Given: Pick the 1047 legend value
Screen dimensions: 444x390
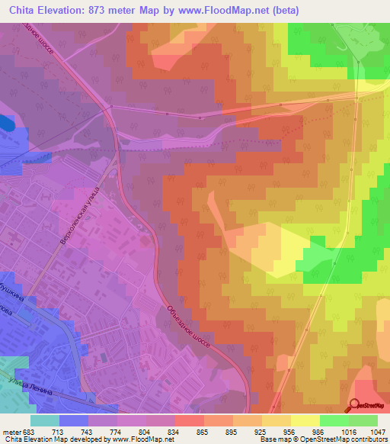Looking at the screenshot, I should (377, 431).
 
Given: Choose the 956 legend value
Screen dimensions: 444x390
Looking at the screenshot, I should (283, 431).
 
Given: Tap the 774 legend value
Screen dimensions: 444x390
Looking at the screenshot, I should (118, 431).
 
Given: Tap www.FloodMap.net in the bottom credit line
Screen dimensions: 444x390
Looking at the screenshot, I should (153, 439).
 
